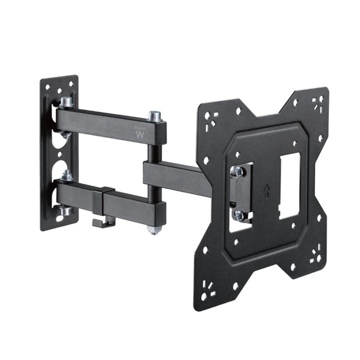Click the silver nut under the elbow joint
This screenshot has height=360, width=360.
[154, 230]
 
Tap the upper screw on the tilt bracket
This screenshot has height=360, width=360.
[238, 171]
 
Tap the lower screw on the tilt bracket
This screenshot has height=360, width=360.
[238, 215]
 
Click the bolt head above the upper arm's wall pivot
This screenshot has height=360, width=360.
[65, 103]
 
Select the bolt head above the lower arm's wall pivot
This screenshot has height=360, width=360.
[65, 175]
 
